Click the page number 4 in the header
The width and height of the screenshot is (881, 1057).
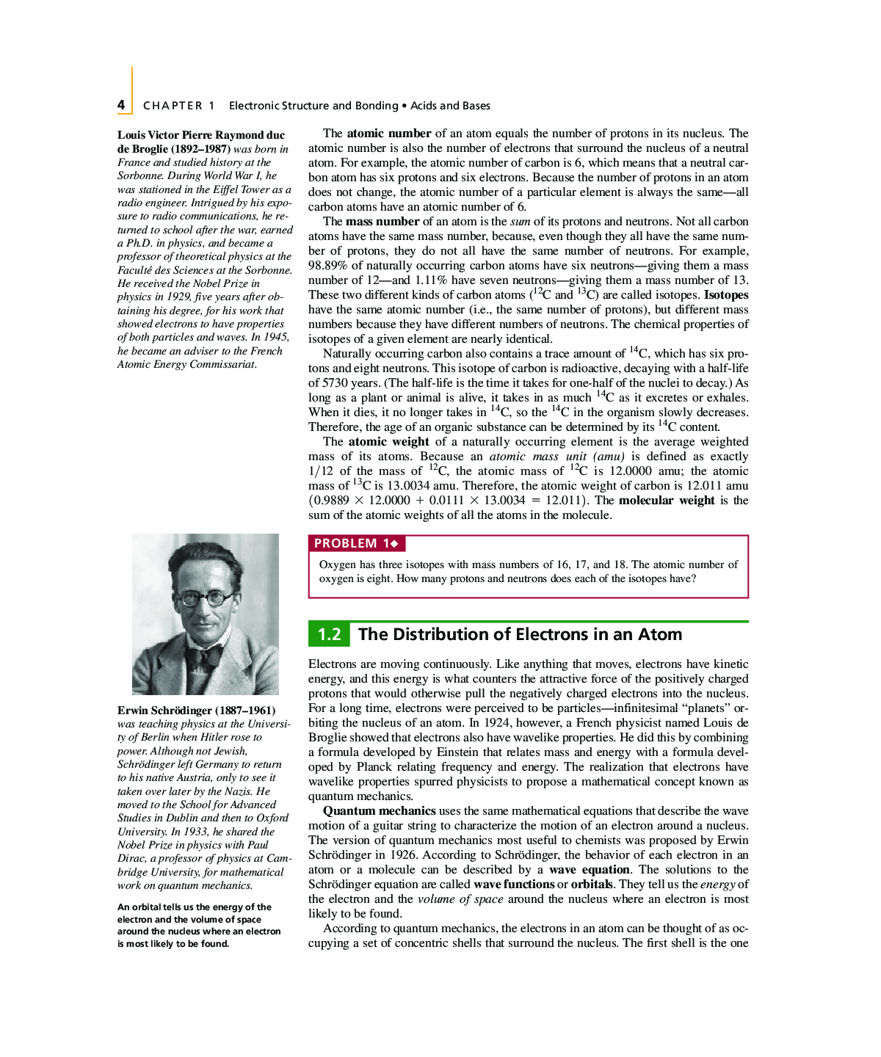[121, 105]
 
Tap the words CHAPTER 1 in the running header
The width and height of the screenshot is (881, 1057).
[178, 106]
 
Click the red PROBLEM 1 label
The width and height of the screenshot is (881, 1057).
[356, 543]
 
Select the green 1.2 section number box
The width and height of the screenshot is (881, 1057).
[329, 634]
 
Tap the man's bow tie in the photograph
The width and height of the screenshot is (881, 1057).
[204, 653]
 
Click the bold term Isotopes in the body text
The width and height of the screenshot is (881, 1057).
[726, 294]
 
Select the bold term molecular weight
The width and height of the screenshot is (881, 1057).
[666, 500]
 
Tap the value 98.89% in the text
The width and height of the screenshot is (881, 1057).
[327, 265]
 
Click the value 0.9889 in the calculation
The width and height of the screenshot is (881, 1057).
[331, 500]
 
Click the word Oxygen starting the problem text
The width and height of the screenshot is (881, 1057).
[337, 564]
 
